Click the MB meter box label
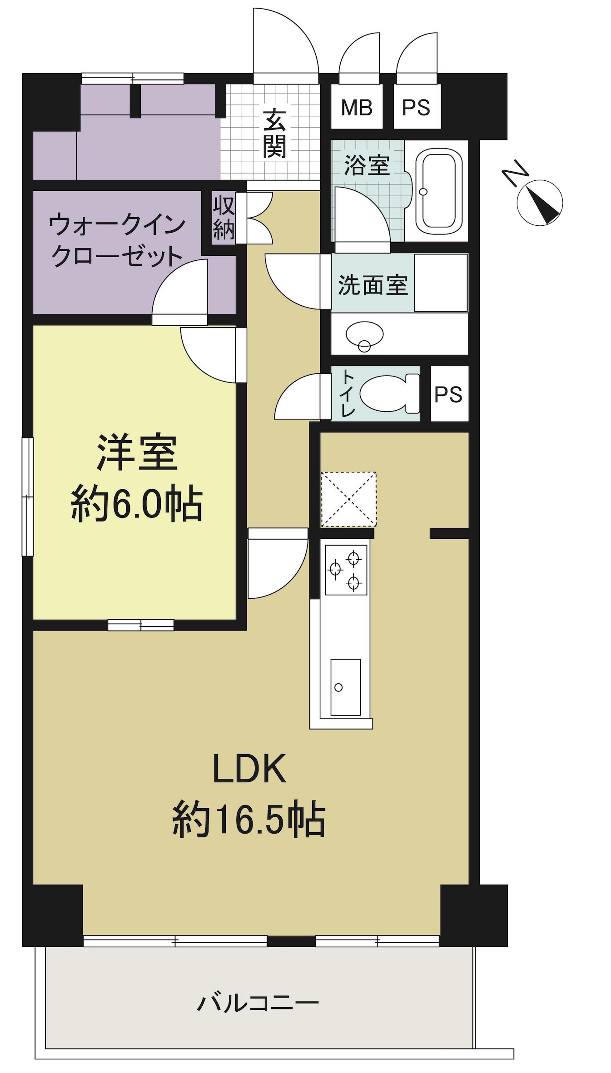click(x=357, y=108)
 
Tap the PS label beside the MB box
click(x=416, y=108)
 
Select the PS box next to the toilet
click(x=449, y=394)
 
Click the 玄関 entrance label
click(x=274, y=133)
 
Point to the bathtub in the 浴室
click(x=438, y=190)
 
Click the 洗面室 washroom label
click(x=373, y=285)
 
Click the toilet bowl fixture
click(x=390, y=393)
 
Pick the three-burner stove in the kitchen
click(x=346, y=570)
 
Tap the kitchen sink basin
click(x=346, y=687)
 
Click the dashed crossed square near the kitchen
click(x=349, y=499)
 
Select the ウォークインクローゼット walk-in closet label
click(x=117, y=241)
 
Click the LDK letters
click(x=250, y=768)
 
